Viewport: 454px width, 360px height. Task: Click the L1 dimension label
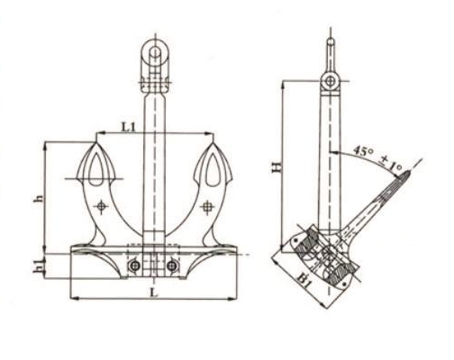pos(129,127)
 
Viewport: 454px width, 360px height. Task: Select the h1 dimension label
pos(38,266)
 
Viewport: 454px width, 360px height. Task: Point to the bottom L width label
pos(154,292)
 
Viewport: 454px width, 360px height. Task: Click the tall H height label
pos(277,167)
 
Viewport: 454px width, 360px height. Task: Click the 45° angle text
pos(363,150)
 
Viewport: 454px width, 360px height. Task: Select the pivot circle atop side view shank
pos(330,80)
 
